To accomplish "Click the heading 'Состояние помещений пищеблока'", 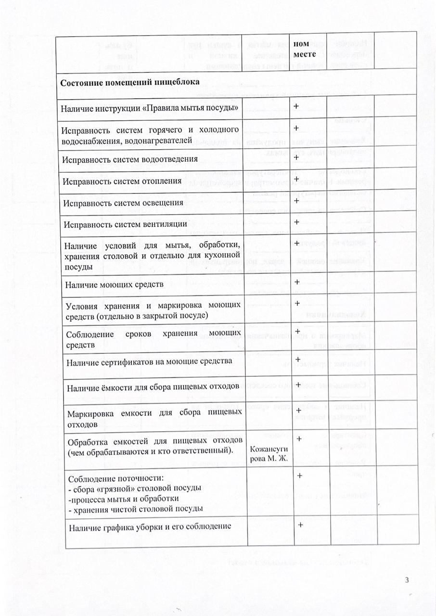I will point(129,82).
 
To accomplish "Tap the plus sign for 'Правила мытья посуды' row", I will point(296,106).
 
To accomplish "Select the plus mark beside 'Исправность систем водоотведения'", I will point(296,157).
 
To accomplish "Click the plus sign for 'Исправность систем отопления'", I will point(296,179).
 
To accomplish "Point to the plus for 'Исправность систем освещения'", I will point(296,201).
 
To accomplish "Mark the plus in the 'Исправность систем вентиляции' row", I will point(297,222).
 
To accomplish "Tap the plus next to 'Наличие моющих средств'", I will point(297,282).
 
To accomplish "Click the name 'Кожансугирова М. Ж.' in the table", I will point(269,453).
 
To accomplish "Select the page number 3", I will point(407,580).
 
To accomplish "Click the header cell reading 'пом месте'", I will point(304,50).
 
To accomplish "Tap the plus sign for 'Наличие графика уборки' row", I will point(300,525).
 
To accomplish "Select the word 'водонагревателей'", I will point(161,141).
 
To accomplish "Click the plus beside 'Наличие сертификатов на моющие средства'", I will point(298,359).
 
